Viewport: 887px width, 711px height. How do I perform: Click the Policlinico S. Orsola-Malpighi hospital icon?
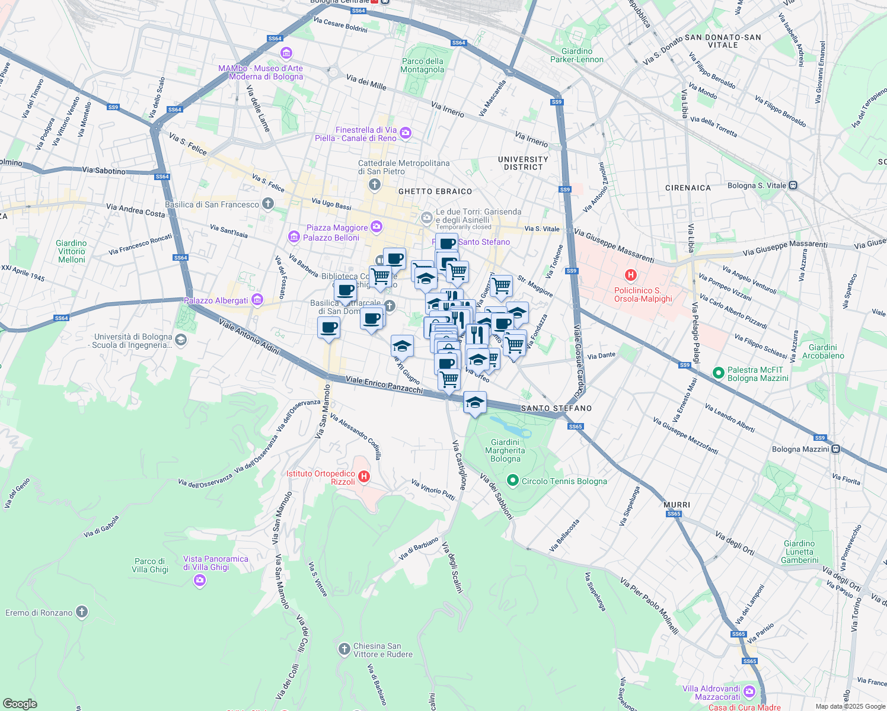point(631,275)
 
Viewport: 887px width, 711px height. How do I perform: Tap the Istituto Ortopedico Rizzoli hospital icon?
point(365,476)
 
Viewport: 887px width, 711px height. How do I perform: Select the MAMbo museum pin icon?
point(286,54)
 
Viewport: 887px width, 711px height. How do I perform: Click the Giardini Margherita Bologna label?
point(505,450)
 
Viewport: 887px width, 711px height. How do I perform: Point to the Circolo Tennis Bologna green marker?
point(513,481)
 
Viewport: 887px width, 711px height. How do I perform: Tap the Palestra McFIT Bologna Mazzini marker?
point(719,373)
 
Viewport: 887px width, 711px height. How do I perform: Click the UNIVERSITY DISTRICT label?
point(523,164)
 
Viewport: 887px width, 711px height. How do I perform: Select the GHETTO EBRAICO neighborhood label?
point(435,191)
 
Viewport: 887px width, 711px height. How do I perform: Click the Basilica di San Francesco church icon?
point(268,204)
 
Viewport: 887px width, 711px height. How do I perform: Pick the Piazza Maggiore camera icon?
point(377,227)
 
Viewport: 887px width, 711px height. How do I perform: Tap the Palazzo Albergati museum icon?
point(257,300)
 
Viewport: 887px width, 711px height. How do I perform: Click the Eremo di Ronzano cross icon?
point(82,612)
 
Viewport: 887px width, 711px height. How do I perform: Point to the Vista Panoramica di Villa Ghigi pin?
point(200,580)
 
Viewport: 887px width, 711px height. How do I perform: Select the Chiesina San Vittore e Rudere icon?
point(344,649)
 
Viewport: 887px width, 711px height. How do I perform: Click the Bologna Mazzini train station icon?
point(835,449)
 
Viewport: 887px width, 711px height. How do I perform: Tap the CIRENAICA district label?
point(688,188)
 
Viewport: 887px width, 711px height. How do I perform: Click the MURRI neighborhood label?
point(677,505)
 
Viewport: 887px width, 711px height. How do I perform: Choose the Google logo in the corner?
point(20,704)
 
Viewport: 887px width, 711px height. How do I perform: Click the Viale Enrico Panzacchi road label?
point(384,385)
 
